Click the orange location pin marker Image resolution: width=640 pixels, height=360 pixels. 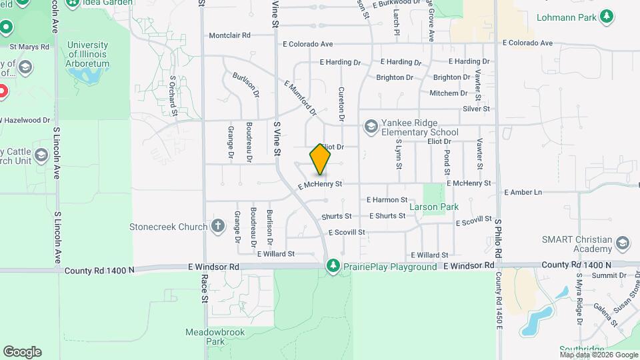click(320, 160)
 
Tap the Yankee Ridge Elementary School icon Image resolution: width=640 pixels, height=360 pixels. click(370, 126)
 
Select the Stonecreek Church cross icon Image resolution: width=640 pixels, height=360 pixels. click(217, 226)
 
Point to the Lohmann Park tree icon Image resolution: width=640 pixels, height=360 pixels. click(606, 16)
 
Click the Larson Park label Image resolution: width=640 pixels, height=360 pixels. click(433, 207)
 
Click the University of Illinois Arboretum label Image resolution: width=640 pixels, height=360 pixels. click(88, 54)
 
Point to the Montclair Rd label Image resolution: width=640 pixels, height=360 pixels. click(229, 35)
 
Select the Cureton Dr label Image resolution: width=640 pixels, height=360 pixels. click(341, 104)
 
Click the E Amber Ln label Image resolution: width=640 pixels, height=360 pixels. click(523, 192)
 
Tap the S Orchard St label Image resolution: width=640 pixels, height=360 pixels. click(173, 95)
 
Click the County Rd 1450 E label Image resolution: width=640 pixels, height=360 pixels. click(497, 300)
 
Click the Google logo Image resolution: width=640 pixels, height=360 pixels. click(22, 351)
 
